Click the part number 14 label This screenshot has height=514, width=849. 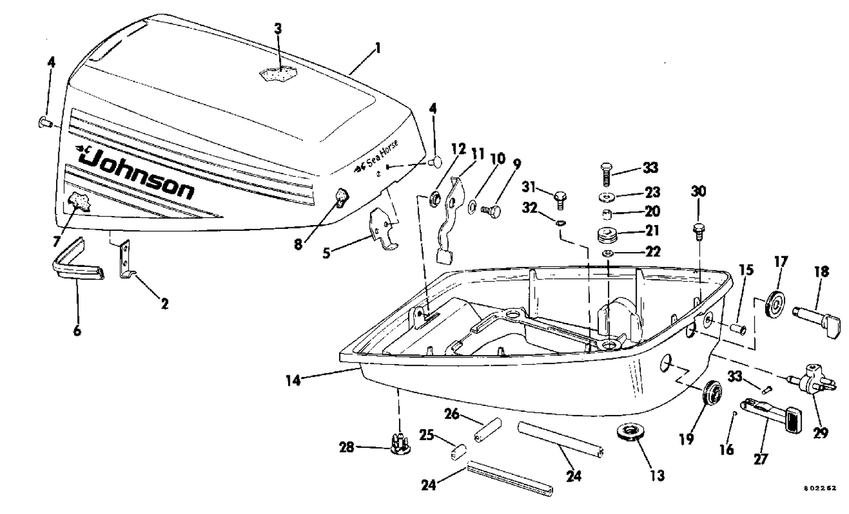293,381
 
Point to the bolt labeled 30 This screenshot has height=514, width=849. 698,229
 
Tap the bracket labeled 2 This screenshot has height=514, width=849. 125,260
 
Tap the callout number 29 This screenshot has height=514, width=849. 820,433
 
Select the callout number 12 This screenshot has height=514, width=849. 458,149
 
